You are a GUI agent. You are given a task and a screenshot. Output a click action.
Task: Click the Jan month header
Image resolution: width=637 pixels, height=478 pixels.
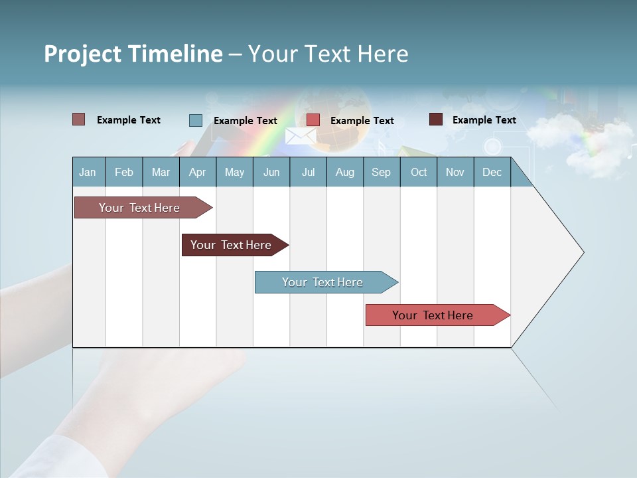click(88, 172)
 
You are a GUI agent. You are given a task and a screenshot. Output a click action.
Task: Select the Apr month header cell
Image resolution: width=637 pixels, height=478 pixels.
click(198, 172)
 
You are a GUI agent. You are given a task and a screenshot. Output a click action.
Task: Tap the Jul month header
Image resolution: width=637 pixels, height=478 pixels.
click(308, 172)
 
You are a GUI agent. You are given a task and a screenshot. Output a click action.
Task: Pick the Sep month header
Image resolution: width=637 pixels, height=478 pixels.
click(382, 172)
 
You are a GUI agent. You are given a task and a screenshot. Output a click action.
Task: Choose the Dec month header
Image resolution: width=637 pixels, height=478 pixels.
click(492, 172)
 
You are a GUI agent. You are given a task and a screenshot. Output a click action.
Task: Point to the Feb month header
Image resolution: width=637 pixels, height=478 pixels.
click(124, 172)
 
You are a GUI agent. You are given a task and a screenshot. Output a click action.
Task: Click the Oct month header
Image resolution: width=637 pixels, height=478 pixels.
click(419, 172)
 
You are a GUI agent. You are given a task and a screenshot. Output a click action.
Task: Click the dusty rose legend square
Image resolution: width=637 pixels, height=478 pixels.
click(79, 119)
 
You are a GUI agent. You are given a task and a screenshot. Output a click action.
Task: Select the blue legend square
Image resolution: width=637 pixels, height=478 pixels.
click(196, 120)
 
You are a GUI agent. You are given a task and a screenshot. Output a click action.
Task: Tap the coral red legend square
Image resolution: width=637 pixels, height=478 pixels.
click(313, 120)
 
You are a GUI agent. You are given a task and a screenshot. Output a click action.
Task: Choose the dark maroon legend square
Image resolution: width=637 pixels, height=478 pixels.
click(436, 119)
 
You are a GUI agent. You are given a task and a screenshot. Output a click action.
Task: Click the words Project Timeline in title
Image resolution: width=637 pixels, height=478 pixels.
click(133, 54)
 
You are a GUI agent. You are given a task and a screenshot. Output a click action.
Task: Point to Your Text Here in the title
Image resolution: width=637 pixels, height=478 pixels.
click(328, 54)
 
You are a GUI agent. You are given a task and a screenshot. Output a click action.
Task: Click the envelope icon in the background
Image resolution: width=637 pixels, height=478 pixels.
click(300, 136)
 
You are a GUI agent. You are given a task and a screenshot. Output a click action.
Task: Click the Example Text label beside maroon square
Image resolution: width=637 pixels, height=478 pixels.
click(484, 119)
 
